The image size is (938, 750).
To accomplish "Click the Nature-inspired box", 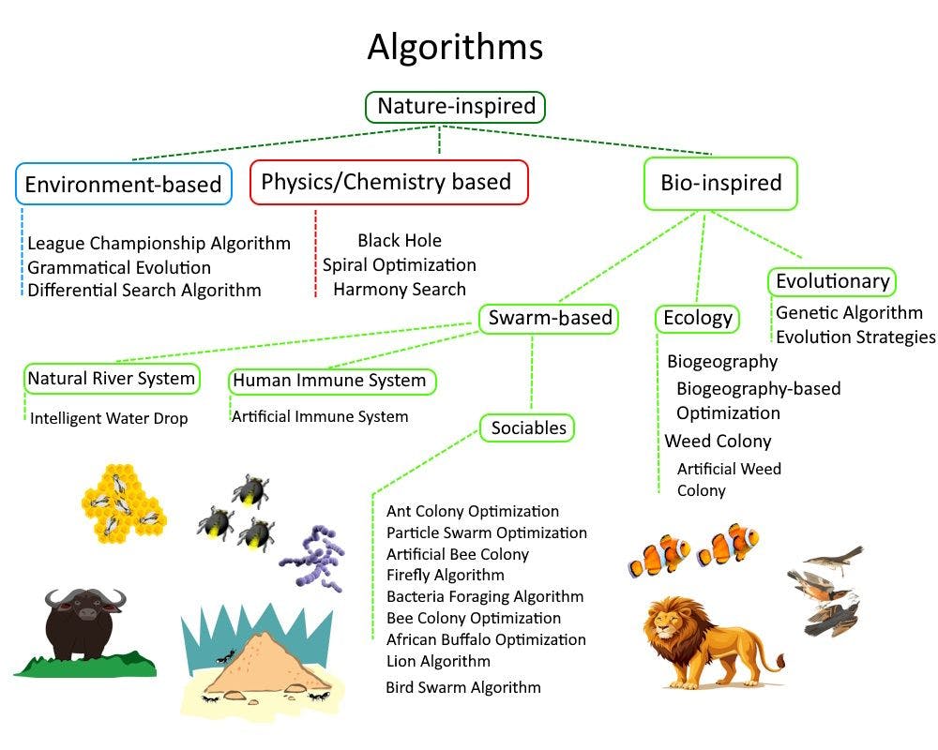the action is pyautogui.click(x=456, y=107).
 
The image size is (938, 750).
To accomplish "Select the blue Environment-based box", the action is pyautogui.click(x=123, y=184).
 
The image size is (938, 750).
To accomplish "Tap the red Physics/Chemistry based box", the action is pyautogui.click(x=388, y=182).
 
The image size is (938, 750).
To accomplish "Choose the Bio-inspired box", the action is pyautogui.click(x=720, y=183).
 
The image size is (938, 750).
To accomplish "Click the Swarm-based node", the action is pyautogui.click(x=550, y=319).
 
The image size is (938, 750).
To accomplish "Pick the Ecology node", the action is pyautogui.click(x=697, y=319).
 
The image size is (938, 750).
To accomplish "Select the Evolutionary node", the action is pyautogui.click(x=832, y=281).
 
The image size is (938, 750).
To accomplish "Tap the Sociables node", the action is pyautogui.click(x=528, y=428).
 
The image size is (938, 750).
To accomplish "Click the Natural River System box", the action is pyautogui.click(x=112, y=379).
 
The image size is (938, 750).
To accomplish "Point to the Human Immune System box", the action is pyautogui.click(x=333, y=381).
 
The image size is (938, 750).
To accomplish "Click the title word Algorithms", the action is pyautogui.click(x=455, y=47).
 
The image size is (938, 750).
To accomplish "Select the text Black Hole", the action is pyautogui.click(x=400, y=241).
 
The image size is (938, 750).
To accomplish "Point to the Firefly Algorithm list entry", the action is pyautogui.click(x=446, y=575).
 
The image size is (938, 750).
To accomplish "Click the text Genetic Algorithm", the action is pyautogui.click(x=849, y=312).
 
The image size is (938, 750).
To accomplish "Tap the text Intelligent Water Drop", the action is pyautogui.click(x=109, y=418).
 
